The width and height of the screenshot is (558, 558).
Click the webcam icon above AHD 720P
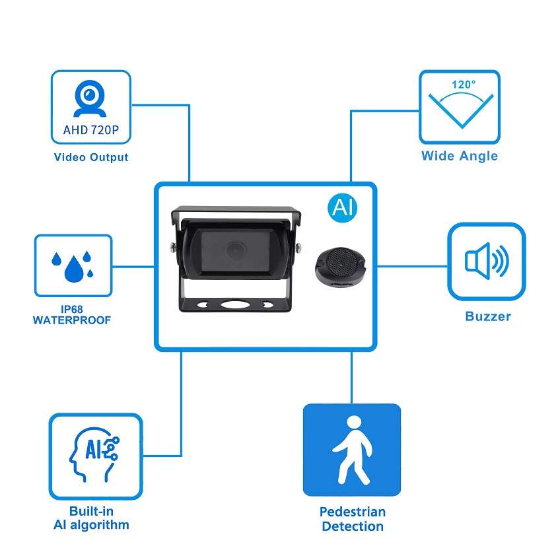(x=90, y=98)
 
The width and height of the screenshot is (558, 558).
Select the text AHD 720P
(x=91, y=130)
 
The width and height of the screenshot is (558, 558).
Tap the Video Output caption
(x=91, y=157)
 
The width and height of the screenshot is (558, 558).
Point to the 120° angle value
(x=464, y=85)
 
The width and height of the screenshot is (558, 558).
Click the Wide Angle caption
(x=460, y=156)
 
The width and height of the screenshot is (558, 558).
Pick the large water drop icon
(x=74, y=269)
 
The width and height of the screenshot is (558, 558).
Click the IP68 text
(x=72, y=309)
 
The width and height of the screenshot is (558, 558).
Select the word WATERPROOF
(x=72, y=320)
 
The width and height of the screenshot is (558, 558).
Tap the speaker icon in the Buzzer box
(x=487, y=261)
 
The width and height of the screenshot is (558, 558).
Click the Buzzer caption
(x=488, y=316)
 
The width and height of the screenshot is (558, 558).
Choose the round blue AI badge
(x=342, y=208)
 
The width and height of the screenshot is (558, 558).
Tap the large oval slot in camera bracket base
(x=234, y=304)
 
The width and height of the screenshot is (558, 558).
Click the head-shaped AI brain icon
(x=94, y=455)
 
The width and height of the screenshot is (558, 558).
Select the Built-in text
(x=91, y=511)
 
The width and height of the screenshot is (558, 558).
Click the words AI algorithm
(x=91, y=525)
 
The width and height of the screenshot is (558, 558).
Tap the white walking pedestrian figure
(x=353, y=450)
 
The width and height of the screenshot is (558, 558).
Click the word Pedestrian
(x=353, y=512)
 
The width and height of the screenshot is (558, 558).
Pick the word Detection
(x=353, y=526)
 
